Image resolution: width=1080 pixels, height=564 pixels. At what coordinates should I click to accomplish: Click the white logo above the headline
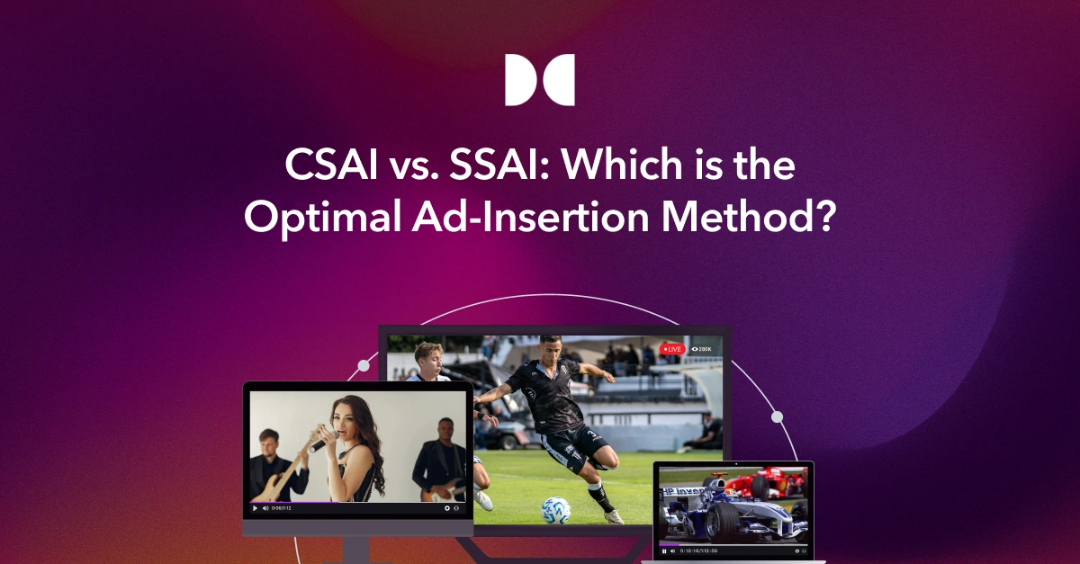pos(539,80)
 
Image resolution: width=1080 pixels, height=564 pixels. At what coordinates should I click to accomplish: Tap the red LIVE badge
pos(672,348)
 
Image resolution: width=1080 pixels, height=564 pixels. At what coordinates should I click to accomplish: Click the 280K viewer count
pos(702,348)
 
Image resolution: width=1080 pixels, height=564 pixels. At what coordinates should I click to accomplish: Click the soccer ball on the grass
pos(555,509)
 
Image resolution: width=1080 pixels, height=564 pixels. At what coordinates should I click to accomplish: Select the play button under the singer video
pos(256,508)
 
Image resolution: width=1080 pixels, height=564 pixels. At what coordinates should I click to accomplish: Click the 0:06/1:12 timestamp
pos(281,508)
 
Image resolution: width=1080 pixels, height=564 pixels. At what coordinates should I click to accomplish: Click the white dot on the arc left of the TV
pos(364,366)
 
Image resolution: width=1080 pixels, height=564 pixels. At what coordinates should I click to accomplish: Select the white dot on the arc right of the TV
pos(777,417)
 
